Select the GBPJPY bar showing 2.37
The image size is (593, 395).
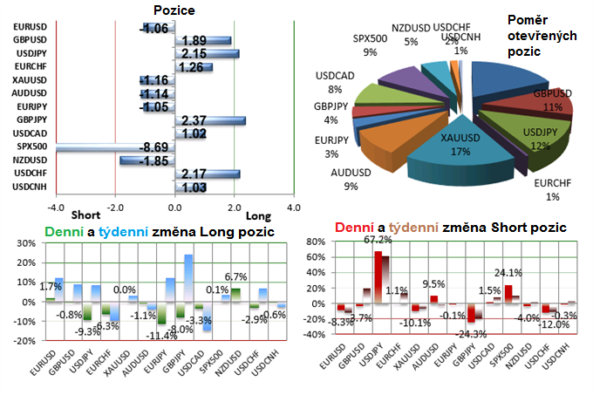point(209,120)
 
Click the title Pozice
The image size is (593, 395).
point(174,10)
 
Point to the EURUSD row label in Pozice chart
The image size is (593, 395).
point(31,29)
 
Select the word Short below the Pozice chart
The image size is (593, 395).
point(85,215)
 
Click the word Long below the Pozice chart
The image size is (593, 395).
point(260,215)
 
